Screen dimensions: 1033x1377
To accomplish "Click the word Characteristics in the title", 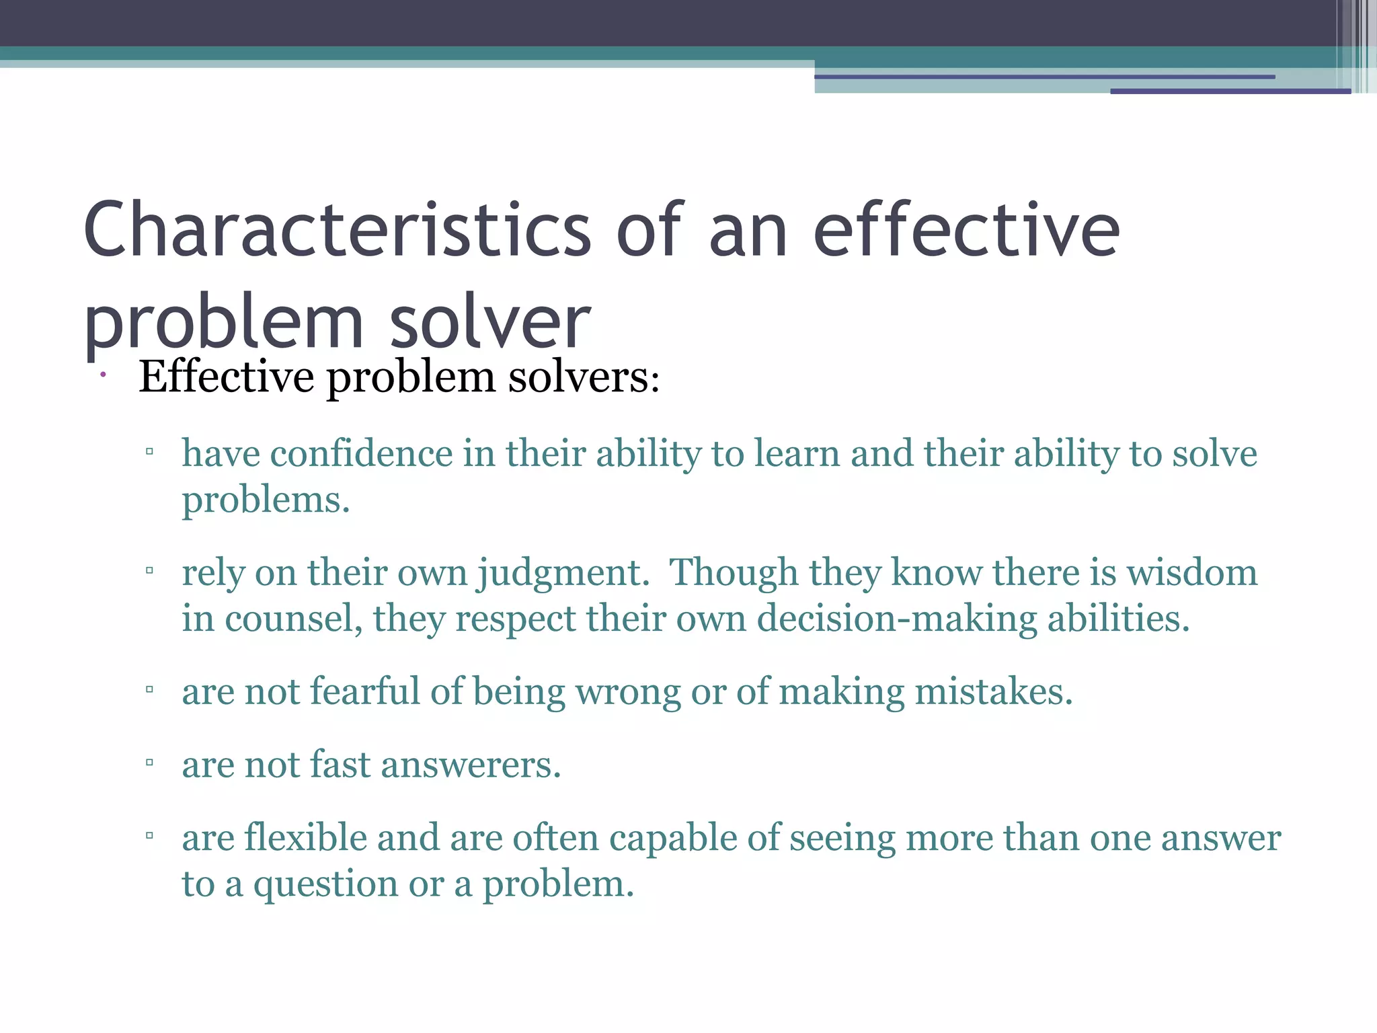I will click(x=336, y=230).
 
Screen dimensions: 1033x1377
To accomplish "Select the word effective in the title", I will click(x=966, y=230).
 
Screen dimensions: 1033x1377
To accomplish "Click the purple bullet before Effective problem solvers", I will click(x=103, y=375).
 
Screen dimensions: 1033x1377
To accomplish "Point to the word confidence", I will click(x=361, y=453).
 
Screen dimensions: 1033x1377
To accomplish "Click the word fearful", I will click(x=365, y=691).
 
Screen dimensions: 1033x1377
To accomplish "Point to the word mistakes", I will click(x=993, y=691).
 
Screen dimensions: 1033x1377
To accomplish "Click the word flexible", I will click(x=305, y=838).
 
